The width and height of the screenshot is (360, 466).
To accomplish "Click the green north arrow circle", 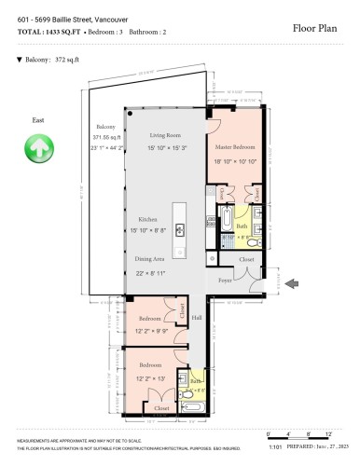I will pyautogui.click(x=38, y=146).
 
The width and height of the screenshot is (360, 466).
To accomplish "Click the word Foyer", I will pyautogui.click(x=226, y=279).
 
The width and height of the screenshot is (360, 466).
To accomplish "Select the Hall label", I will pyautogui.click(x=197, y=319).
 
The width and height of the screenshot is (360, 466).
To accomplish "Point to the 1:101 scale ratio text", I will pyautogui.click(x=275, y=445).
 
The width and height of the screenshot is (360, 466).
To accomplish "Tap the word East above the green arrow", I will pyautogui.click(x=37, y=120).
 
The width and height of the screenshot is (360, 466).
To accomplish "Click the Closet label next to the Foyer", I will pyautogui.click(x=245, y=260).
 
